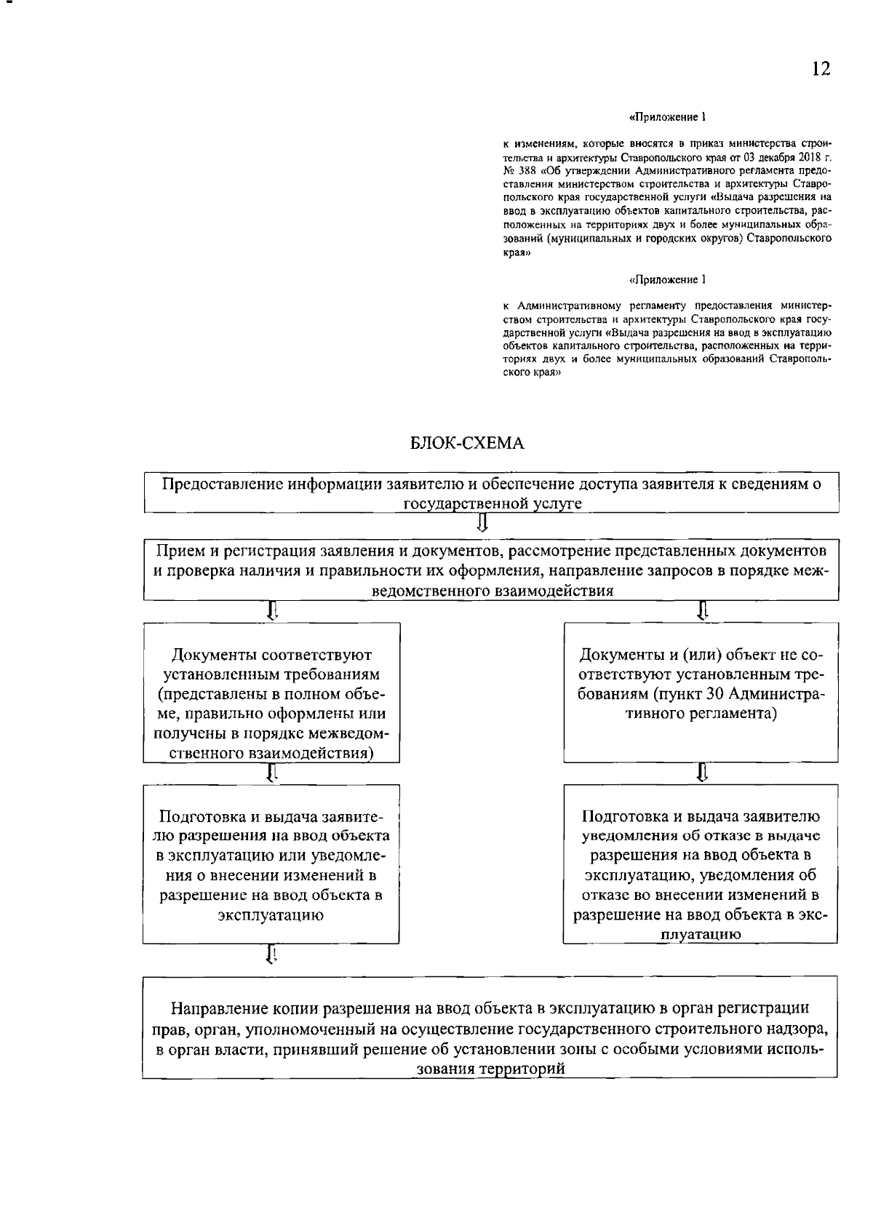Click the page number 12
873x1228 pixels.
coord(821,69)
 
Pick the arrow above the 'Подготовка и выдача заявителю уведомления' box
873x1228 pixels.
coord(702,772)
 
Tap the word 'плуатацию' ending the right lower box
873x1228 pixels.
coord(700,936)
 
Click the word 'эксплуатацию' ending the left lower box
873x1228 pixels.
coord(271,916)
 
